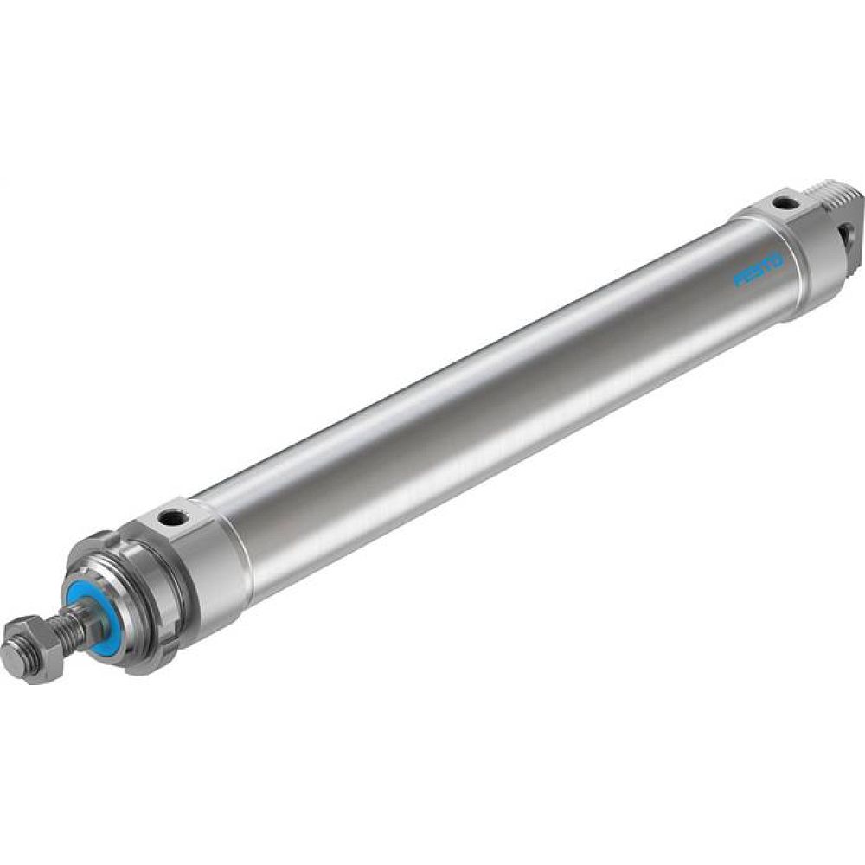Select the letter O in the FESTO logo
[x=778, y=258]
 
